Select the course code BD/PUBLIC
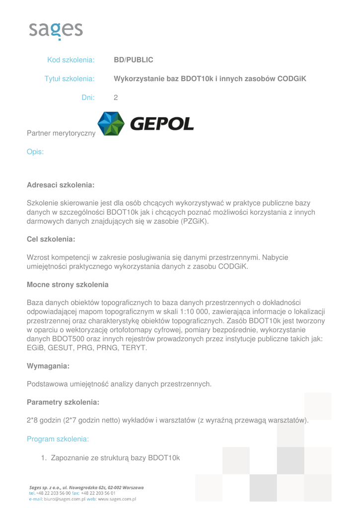coord(134,60)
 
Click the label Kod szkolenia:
coord(71,60)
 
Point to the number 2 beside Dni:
coord(116,98)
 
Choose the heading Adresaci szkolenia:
coord(61,185)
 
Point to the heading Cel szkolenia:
coord(51,239)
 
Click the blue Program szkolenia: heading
coord(58,439)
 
